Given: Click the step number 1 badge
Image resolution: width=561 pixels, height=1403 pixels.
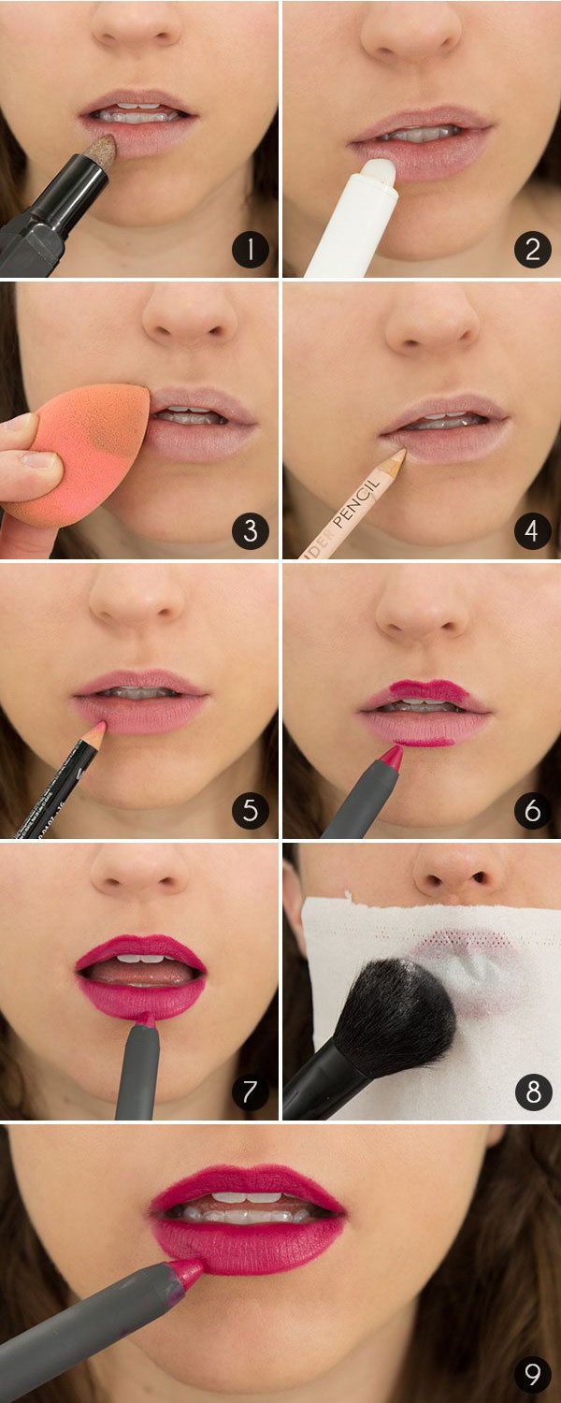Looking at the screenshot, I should click(251, 250).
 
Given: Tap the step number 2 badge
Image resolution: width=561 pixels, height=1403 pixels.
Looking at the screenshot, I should click(532, 250).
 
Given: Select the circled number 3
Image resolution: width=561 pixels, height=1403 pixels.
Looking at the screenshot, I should click(251, 530).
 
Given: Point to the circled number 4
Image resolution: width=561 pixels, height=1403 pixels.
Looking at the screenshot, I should click(532, 530).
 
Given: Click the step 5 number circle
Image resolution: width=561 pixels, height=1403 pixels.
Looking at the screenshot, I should click(251, 811).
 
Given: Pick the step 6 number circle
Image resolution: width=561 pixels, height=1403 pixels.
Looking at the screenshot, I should click(532, 811).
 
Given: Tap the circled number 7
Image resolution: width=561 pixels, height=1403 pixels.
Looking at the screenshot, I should click(251, 1092).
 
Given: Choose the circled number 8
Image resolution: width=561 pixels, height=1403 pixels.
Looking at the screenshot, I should click(532, 1092).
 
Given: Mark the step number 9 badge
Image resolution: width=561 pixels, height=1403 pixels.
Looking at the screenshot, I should click(532, 1374).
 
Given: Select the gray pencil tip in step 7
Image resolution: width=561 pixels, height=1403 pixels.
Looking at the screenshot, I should click(145, 1019).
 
